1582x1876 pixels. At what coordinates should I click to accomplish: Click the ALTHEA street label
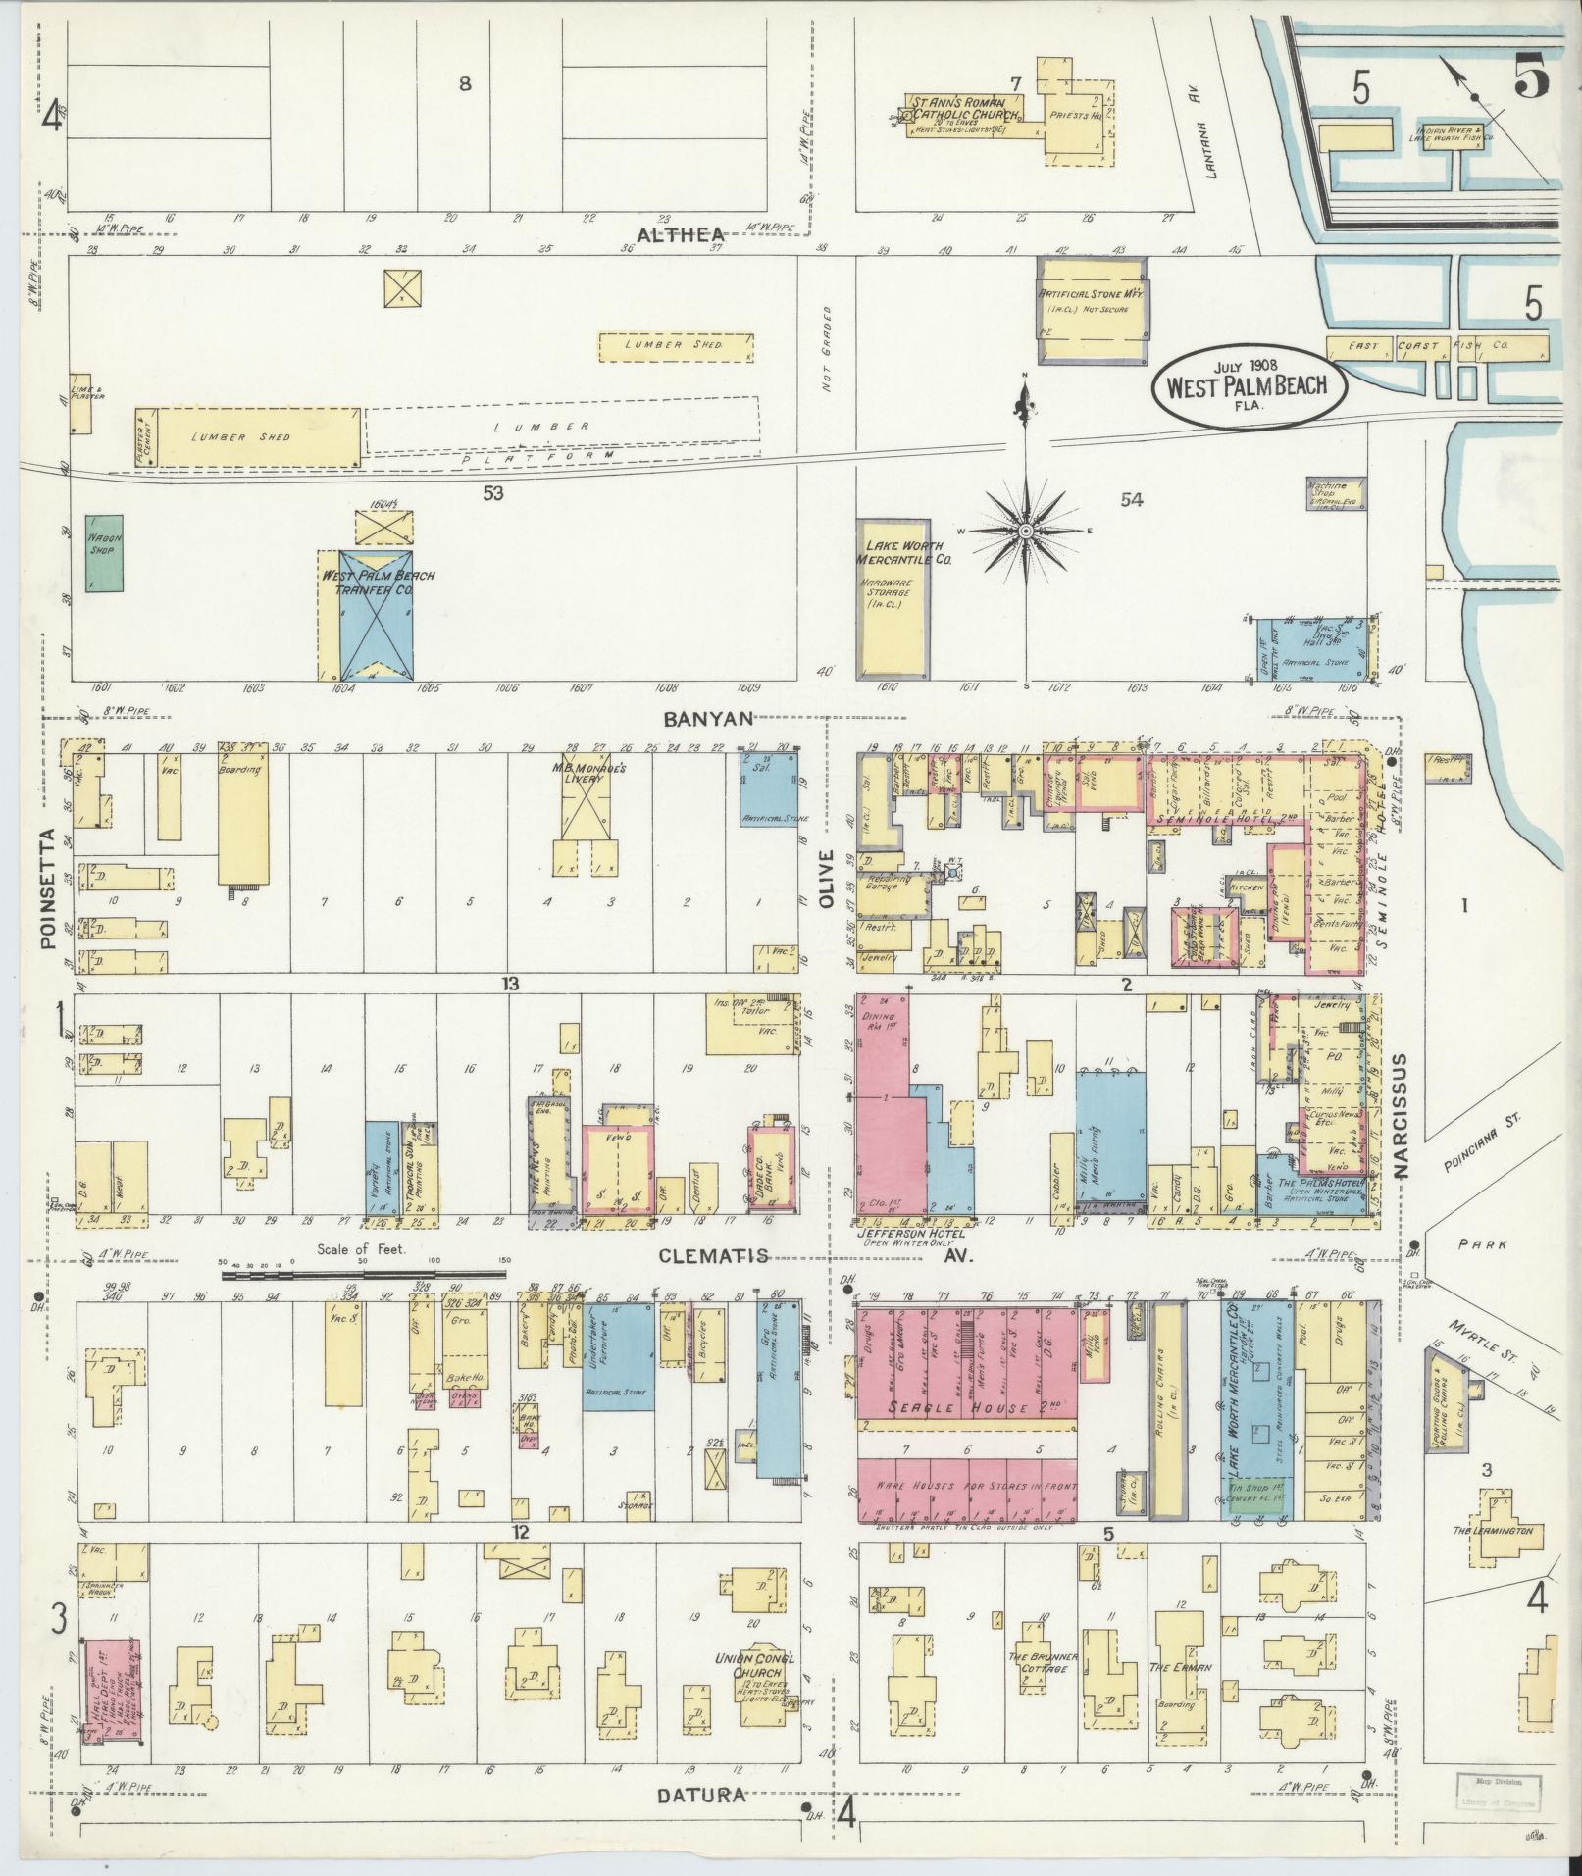[680, 235]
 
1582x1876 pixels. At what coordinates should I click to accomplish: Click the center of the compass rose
[1026, 531]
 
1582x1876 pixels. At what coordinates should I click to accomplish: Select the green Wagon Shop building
[102, 553]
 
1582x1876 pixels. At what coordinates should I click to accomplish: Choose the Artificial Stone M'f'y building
[1092, 310]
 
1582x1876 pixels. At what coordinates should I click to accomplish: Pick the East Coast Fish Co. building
[1437, 346]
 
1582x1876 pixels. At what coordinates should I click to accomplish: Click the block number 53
[492, 494]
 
